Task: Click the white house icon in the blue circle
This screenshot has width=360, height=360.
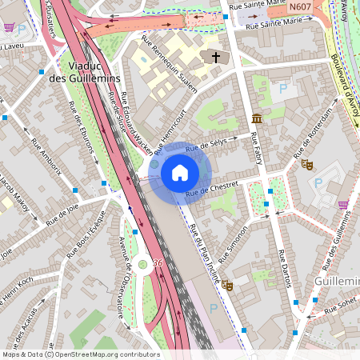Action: coord(180,173)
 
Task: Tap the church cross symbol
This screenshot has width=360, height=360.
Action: coord(214,57)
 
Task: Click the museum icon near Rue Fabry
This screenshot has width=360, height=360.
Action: coord(256,118)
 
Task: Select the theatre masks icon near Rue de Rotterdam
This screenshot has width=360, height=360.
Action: coord(306,164)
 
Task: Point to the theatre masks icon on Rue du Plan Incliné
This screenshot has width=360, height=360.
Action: coord(228,285)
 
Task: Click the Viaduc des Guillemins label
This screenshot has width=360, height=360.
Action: coord(83,72)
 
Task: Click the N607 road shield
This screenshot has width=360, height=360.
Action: coord(300,7)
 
